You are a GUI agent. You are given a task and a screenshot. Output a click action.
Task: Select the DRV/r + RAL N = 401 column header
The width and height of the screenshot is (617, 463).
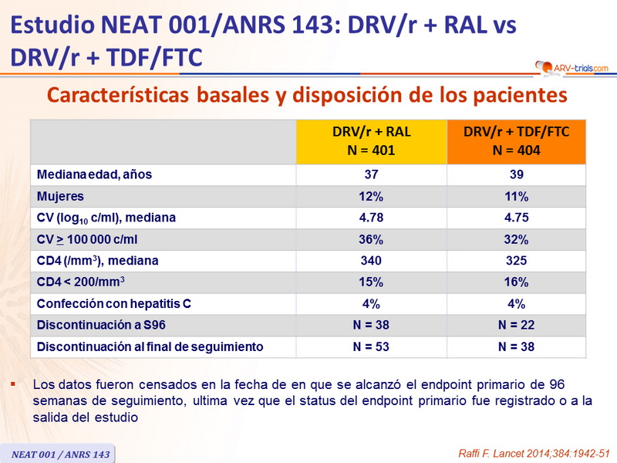pyautogui.click(x=372, y=141)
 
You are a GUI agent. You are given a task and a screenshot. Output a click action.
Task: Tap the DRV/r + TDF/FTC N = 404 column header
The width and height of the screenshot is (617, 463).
pyautogui.click(x=517, y=141)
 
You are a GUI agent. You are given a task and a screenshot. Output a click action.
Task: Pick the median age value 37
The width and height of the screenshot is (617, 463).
pyautogui.click(x=372, y=174)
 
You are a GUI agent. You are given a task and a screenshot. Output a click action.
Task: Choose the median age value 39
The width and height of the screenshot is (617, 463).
pyautogui.click(x=517, y=174)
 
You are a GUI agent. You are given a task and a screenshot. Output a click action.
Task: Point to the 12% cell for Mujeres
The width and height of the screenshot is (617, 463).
pyautogui.click(x=372, y=196)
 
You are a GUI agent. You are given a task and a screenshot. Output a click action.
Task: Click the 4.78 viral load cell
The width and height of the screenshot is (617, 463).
pyautogui.click(x=372, y=218)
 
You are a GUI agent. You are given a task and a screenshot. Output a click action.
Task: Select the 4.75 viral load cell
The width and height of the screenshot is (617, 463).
pyautogui.click(x=517, y=218)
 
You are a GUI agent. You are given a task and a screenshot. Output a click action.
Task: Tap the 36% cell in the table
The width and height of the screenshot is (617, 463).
pyautogui.click(x=372, y=239)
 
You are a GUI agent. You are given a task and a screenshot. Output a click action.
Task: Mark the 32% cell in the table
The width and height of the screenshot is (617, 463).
pyautogui.click(x=517, y=239)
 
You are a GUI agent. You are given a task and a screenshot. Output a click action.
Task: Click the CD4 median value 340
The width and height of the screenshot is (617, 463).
pyautogui.click(x=372, y=261)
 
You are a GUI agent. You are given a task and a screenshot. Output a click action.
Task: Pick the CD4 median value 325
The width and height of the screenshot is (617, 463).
pyautogui.click(x=517, y=261)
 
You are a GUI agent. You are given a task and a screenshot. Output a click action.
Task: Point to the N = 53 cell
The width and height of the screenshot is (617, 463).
pyautogui.click(x=372, y=347)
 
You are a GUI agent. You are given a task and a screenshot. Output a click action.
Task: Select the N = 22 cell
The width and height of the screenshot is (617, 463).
pyautogui.click(x=517, y=326)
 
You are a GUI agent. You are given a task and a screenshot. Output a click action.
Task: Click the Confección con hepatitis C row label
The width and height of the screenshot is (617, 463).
pyautogui.click(x=113, y=304)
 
